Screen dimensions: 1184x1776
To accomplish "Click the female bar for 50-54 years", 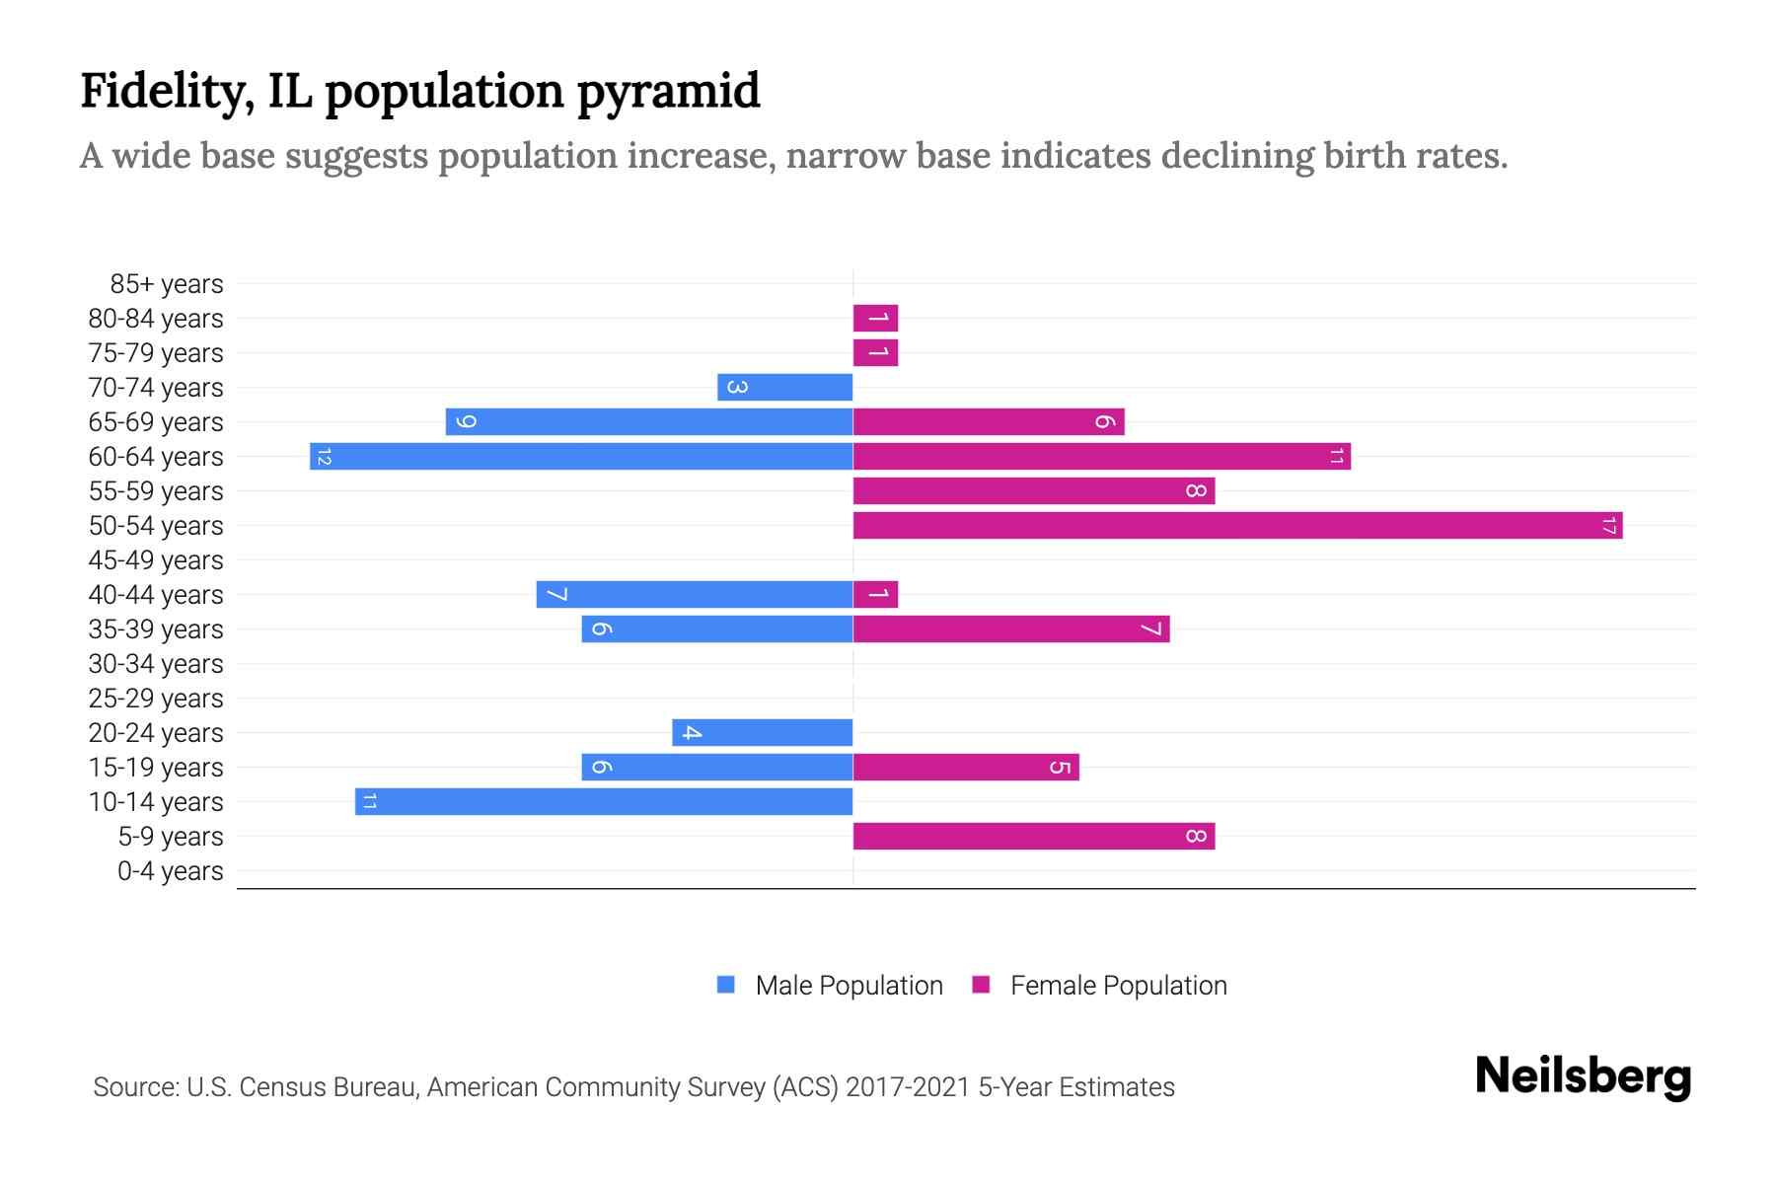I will click(x=1237, y=526).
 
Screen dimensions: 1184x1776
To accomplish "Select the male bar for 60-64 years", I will click(x=581, y=457).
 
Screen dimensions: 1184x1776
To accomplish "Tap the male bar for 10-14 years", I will click(x=604, y=802).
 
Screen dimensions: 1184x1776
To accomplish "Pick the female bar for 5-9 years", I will click(x=1033, y=837).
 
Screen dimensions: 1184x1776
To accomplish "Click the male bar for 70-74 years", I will click(x=784, y=388).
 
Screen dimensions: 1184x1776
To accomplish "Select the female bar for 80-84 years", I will click(x=875, y=319).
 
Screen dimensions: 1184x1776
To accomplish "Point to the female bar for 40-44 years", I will click(x=875, y=595).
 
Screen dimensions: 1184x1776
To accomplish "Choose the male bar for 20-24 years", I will click(x=762, y=733).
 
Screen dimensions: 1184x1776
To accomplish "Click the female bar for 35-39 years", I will click(x=1010, y=629).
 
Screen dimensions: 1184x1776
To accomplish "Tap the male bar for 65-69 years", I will click(x=648, y=422).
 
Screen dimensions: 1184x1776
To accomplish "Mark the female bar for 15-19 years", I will click(x=965, y=768).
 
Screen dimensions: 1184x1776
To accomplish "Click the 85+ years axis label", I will click(x=167, y=284).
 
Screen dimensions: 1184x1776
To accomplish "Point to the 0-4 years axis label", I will click(x=170, y=871).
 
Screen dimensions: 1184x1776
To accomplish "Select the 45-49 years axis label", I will click(x=156, y=560).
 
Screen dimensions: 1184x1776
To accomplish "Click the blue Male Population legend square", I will click(x=726, y=985).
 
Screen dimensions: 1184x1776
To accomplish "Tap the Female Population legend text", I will click(x=1118, y=986).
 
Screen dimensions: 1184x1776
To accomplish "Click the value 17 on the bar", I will click(x=1608, y=526).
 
